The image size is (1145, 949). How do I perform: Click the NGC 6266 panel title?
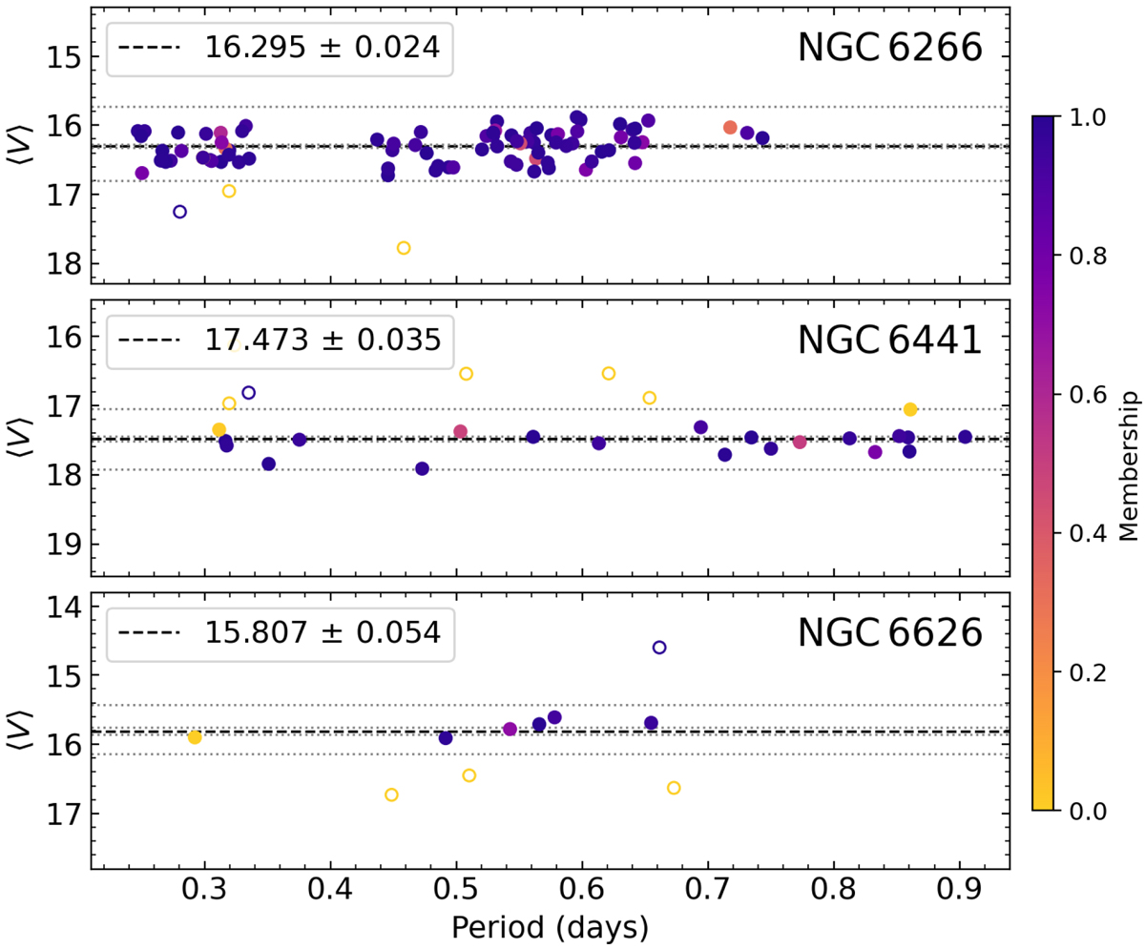tap(889, 47)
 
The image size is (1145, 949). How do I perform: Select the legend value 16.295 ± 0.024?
tap(322, 47)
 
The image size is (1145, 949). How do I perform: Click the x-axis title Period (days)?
tap(552, 925)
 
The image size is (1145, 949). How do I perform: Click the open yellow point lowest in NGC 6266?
tap(404, 248)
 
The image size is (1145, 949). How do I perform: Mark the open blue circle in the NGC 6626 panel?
tap(659, 648)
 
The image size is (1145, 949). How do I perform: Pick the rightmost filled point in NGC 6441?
tap(965, 437)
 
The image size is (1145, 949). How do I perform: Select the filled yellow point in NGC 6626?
tap(195, 737)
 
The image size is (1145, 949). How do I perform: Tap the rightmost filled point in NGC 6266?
tap(762, 138)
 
